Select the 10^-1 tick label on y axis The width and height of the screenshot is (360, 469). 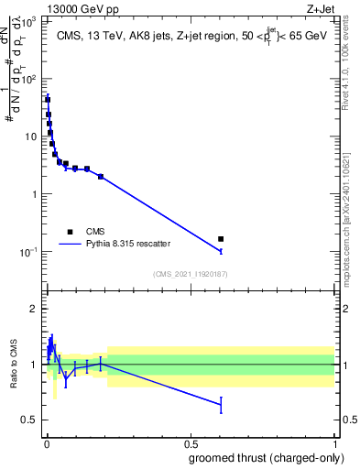coord(28,252)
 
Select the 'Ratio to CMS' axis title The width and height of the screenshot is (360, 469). coord(14,365)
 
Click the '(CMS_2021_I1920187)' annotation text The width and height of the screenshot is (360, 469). coord(190,274)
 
